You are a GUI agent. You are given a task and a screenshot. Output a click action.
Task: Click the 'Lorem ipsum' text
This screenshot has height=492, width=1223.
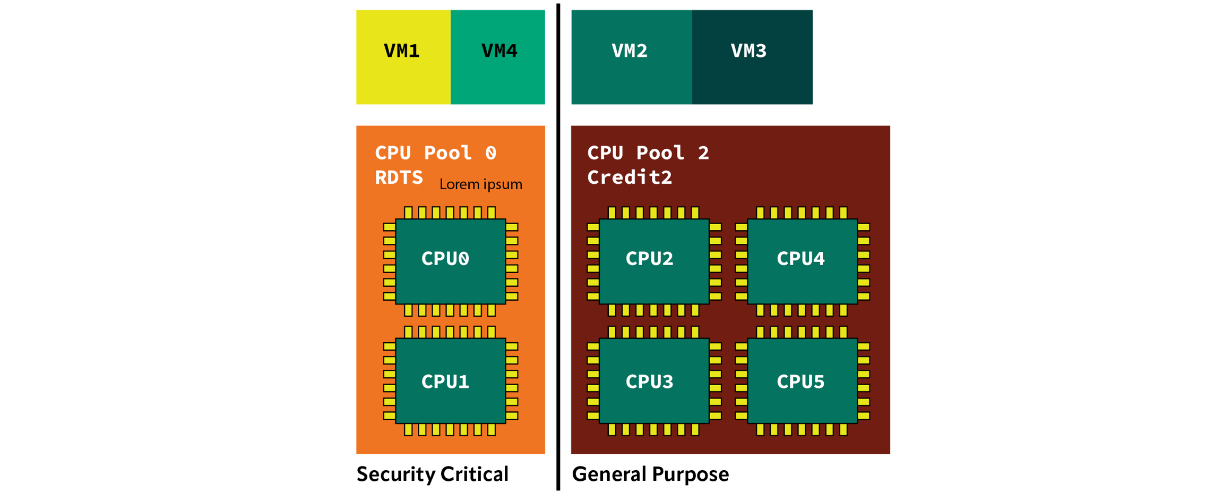(480, 184)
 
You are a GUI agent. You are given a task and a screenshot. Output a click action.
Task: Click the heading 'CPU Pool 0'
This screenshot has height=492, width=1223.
(435, 153)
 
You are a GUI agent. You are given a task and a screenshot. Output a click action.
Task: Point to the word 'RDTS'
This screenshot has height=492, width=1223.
(399, 177)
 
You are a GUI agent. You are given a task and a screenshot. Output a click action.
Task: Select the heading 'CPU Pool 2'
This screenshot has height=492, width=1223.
(648, 153)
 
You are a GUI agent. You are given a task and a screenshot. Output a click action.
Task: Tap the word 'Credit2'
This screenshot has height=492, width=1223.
(630, 177)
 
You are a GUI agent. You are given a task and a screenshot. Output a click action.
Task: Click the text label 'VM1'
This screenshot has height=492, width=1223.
(402, 51)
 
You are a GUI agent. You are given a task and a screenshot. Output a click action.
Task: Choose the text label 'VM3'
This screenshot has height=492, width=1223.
(748, 51)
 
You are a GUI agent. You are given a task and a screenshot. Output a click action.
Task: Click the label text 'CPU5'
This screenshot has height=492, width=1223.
(800, 381)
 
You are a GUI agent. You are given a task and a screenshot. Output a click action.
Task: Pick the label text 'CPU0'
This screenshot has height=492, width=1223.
(445, 259)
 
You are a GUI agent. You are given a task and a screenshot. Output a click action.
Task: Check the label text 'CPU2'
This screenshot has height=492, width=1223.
(649, 259)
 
